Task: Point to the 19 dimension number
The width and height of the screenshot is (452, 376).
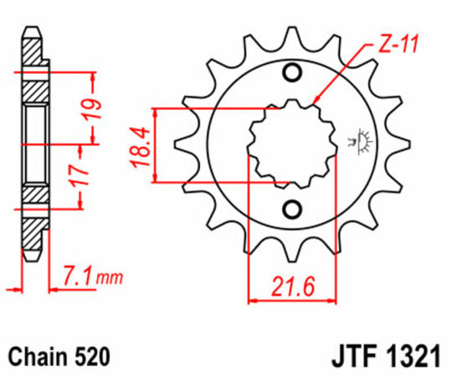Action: coord(93,108)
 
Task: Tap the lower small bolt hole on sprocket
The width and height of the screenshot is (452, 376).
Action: coord(293,209)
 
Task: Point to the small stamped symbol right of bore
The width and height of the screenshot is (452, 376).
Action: coord(364,141)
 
